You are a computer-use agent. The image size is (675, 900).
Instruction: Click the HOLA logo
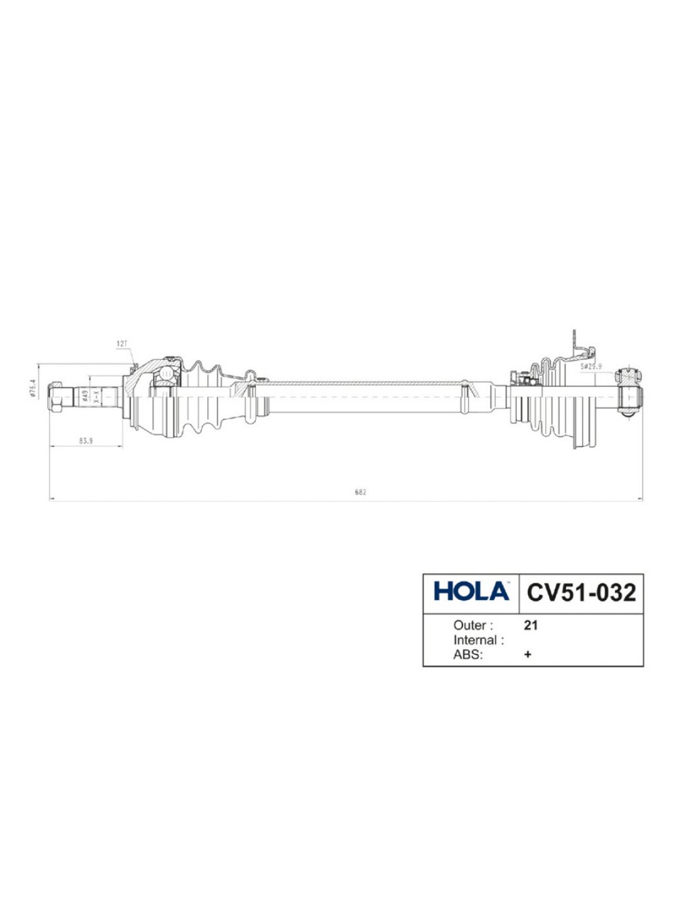[471, 591]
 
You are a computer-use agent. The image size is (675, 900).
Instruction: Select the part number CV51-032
[581, 592]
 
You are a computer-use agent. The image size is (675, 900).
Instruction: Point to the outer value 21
[531, 625]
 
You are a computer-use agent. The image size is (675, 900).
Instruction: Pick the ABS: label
[468, 655]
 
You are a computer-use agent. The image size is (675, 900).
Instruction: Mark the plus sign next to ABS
[527, 655]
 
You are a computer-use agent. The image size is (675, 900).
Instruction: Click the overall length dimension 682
[360, 492]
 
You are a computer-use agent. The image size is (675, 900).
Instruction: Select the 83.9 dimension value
[86, 441]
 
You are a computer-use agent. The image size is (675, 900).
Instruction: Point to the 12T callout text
[122, 344]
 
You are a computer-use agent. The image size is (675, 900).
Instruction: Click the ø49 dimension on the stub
[85, 396]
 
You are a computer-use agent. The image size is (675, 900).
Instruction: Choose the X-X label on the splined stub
[96, 396]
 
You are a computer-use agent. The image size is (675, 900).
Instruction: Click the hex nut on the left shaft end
[57, 397]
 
